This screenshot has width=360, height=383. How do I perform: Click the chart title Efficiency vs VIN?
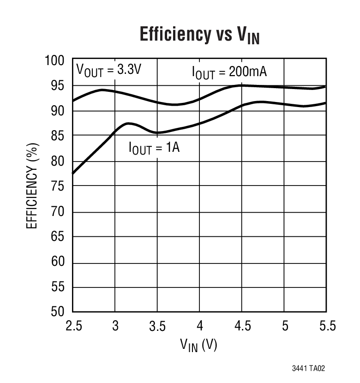199,36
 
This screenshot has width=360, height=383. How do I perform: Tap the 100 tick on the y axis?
56,60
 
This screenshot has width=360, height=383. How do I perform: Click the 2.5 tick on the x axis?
73,326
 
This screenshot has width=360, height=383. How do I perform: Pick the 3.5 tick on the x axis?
158,326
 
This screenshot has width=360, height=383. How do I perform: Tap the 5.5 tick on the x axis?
327,326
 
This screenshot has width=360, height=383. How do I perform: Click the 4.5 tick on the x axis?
242,326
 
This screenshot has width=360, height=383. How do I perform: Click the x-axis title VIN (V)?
199,345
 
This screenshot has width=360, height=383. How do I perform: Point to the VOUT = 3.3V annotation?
108,70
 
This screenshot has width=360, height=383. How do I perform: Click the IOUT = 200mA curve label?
229,73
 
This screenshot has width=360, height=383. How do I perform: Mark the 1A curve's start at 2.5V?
73,174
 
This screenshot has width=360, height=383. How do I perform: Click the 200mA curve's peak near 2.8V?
101,90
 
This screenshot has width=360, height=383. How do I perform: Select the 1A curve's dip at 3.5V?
158,132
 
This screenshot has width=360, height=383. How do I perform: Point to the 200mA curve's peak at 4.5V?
241,85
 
